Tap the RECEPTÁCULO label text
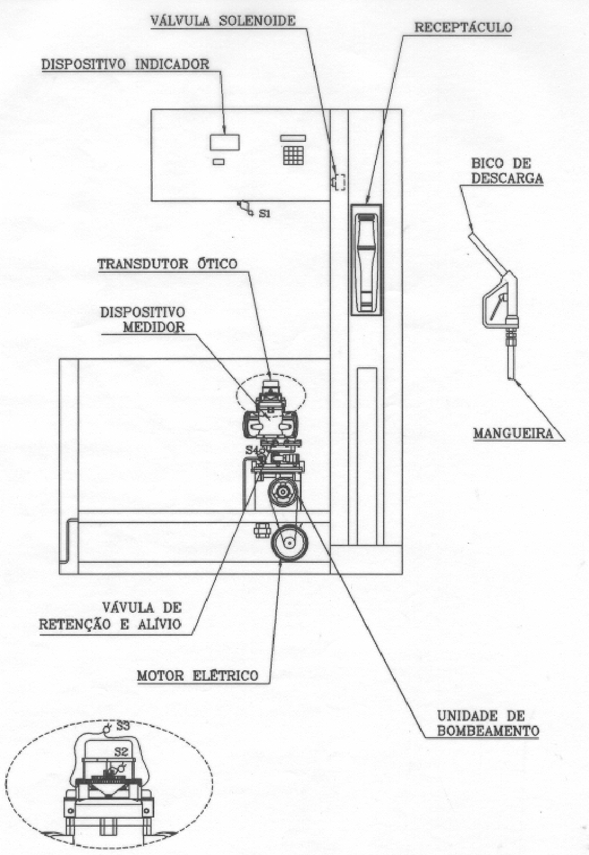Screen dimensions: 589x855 click(x=463, y=28)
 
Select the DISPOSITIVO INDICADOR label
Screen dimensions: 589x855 click(x=126, y=64)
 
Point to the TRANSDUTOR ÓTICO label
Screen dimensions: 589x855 click(x=167, y=264)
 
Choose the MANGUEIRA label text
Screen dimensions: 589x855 click(x=513, y=433)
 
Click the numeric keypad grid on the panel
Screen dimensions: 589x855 click(x=293, y=155)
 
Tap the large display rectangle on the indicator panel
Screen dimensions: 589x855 click(x=225, y=142)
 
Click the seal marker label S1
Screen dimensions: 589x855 click(x=265, y=213)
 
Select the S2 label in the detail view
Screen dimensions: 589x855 click(x=121, y=752)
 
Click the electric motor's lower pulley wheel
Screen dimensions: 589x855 click(x=290, y=543)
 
